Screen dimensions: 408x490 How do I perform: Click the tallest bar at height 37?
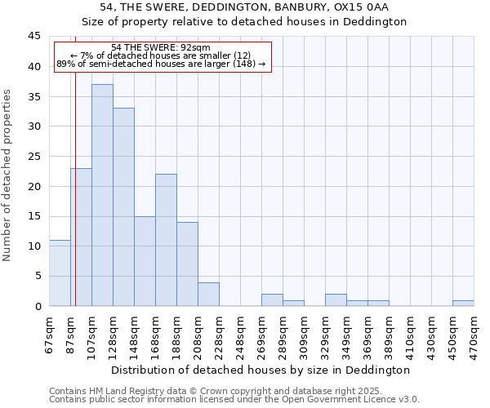[x=102, y=195]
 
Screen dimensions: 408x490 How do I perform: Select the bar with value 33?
[x=123, y=207]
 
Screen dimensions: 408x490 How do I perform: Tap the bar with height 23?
[x=81, y=237]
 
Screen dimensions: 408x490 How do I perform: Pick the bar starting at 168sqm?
[x=166, y=240]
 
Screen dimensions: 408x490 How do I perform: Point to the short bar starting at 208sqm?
[x=208, y=294]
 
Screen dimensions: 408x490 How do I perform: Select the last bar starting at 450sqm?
[x=463, y=303]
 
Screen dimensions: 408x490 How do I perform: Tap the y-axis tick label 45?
[x=33, y=37]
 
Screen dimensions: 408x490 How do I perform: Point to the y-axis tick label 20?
[x=33, y=186]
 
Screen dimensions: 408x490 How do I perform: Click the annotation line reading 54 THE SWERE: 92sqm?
[x=161, y=47]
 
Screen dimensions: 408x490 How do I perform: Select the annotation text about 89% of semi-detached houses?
[x=161, y=64]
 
